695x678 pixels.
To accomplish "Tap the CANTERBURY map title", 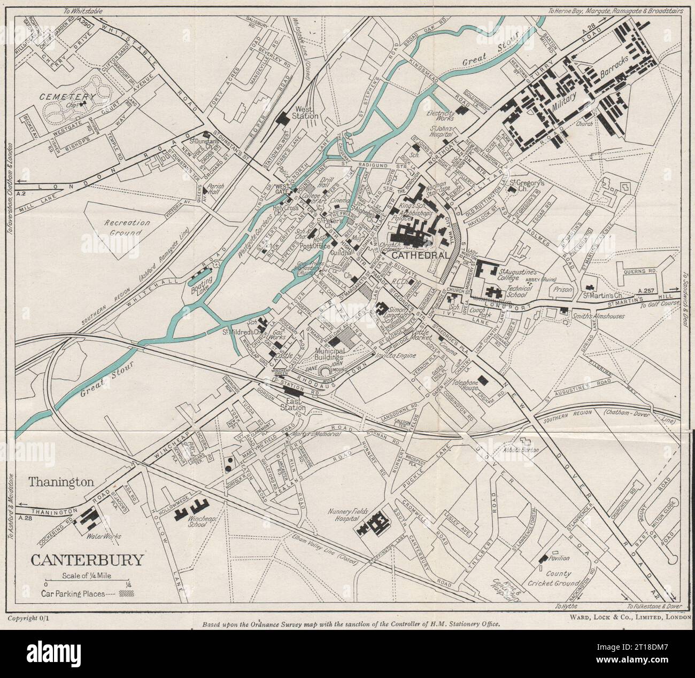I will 87,560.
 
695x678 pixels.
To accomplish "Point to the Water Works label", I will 105,536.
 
